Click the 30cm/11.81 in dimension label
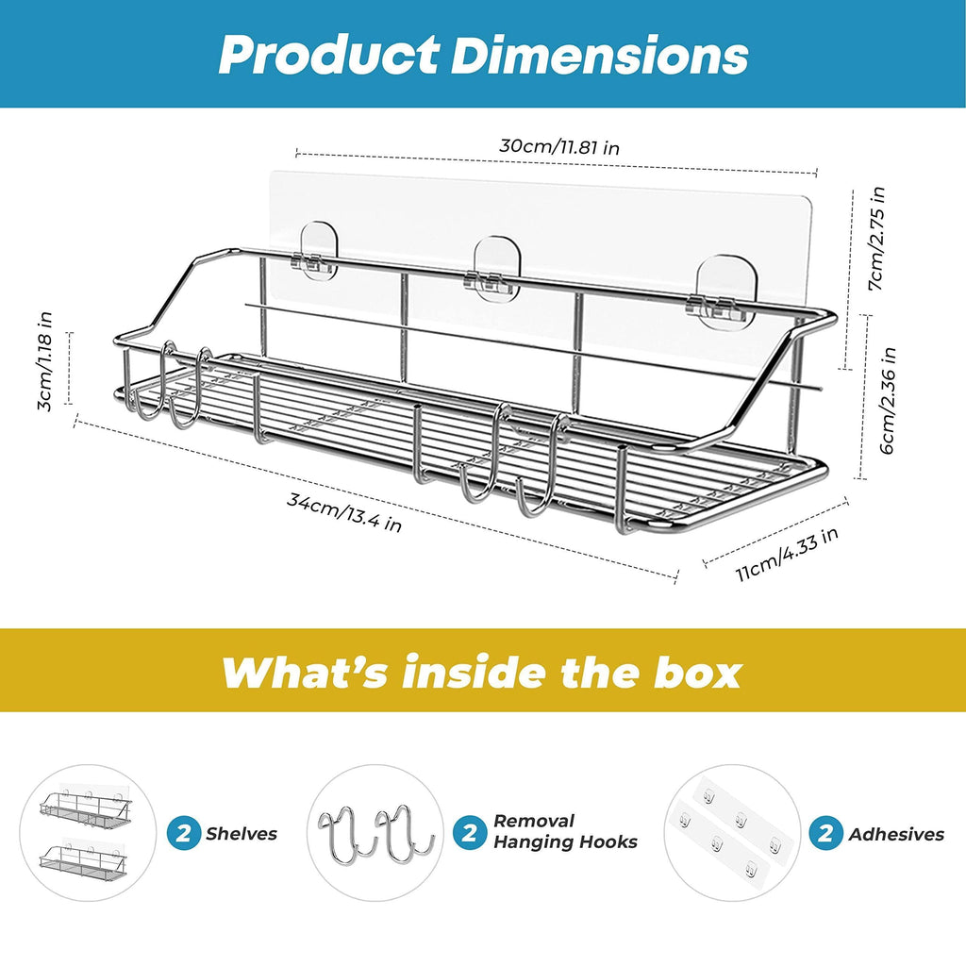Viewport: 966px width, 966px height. coord(559,146)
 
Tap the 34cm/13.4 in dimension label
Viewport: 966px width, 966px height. coord(344,511)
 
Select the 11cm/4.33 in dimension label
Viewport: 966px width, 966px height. coord(787,554)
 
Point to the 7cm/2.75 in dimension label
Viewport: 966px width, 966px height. coord(876,239)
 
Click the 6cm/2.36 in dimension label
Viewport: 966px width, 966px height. coord(887,400)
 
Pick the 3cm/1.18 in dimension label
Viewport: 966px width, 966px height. coord(44,361)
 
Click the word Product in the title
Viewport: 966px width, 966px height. coord(329,56)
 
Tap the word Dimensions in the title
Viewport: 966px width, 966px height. coord(599,56)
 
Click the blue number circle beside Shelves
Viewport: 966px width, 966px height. coord(184,833)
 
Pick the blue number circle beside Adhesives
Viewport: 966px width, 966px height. coord(825,833)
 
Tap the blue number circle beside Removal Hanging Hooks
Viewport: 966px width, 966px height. coord(470,833)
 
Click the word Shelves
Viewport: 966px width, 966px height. coord(241,834)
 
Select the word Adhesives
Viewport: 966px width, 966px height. coord(896,834)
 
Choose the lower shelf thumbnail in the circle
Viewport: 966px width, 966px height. coord(84,859)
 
